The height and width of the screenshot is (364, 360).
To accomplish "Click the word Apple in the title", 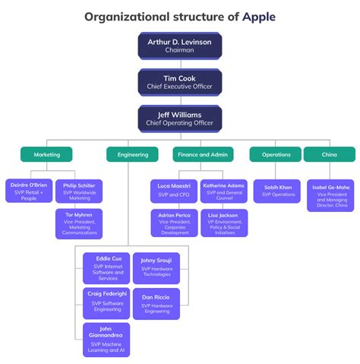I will pyautogui.click(x=257, y=16).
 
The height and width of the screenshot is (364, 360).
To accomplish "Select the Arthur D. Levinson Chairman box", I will pyautogui.click(x=179, y=45).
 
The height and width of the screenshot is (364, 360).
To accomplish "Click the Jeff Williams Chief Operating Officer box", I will pyautogui.click(x=179, y=118).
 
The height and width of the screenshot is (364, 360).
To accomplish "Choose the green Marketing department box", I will pyautogui.click(x=46, y=154).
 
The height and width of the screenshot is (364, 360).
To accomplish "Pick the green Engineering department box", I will pyautogui.click(x=132, y=154).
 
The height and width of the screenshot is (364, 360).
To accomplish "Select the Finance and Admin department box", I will pyautogui.click(x=203, y=154).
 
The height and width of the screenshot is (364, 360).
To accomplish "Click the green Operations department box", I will pyautogui.click(x=275, y=154).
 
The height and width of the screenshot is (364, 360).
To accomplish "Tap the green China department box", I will pyautogui.click(x=329, y=154).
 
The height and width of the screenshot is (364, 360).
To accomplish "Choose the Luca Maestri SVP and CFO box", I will pyautogui.click(x=174, y=190).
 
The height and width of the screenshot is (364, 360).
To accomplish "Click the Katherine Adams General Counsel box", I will pyautogui.click(x=224, y=190).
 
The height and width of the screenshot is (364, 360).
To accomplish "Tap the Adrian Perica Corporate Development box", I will pyautogui.click(x=174, y=223).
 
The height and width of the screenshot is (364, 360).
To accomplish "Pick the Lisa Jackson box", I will pyautogui.click(x=224, y=223).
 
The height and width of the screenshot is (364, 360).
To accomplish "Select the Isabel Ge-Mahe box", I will pyautogui.click(x=330, y=195).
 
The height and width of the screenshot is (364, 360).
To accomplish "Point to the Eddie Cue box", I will pyautogui.click(x=106, y=268).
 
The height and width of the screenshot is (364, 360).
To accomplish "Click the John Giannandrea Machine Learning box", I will pyautogui.click(x=106, y=339).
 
